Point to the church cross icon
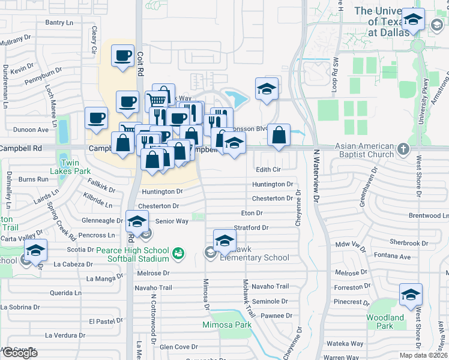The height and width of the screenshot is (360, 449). (x=403, y=148)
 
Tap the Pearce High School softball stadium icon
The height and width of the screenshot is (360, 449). (x=178, y=254)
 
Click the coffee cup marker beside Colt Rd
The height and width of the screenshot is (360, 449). (x=123, y=56)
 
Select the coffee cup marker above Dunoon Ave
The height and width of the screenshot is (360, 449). (x=96, y=118)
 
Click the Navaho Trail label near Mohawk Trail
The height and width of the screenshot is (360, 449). (x=270, y=286)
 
